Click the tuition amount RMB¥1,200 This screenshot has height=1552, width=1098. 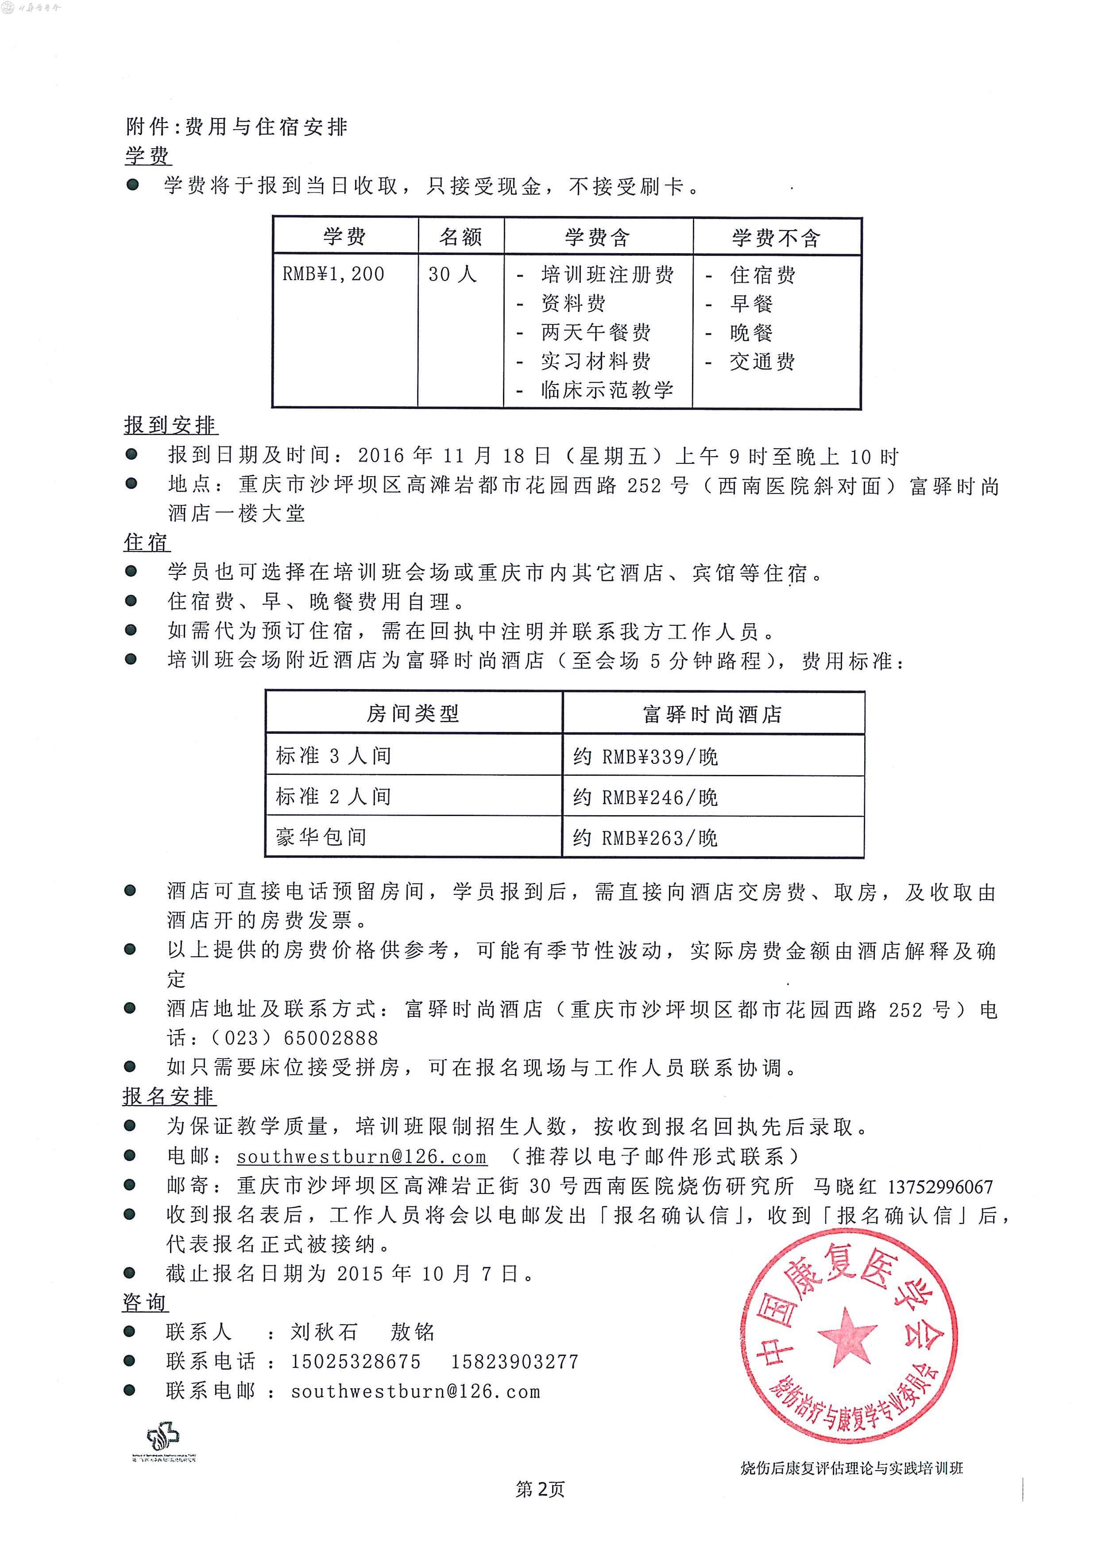333,274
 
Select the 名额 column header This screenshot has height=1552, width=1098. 460,237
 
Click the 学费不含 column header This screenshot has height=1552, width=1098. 776,237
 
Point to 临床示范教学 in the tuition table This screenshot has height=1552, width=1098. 607,390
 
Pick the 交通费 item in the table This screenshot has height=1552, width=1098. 762,362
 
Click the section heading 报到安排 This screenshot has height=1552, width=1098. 170,425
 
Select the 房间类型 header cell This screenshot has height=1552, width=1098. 413,713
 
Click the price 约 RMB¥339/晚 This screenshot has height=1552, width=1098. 646,756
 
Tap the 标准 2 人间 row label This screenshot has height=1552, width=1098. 333,796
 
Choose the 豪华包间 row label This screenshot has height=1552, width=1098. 321,837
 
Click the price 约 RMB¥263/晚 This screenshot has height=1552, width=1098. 646,838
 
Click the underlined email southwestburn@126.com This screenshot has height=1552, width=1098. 362,1156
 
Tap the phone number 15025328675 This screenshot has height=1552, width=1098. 356,1361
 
